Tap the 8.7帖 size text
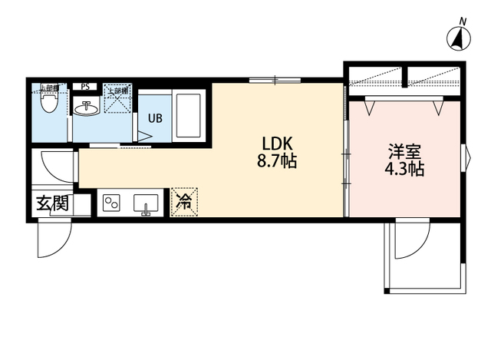(x=276, y=162)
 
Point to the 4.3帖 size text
(x=404, y=170)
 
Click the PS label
(x=85, y=87)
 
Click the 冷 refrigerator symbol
(x=184, y=202)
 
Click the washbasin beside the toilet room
(x=87, y=109)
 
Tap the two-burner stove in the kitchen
(x=112, y=203)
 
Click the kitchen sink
(x=146, y=203)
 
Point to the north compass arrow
(x=459, y=38)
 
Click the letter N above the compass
(x=462, y=20)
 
